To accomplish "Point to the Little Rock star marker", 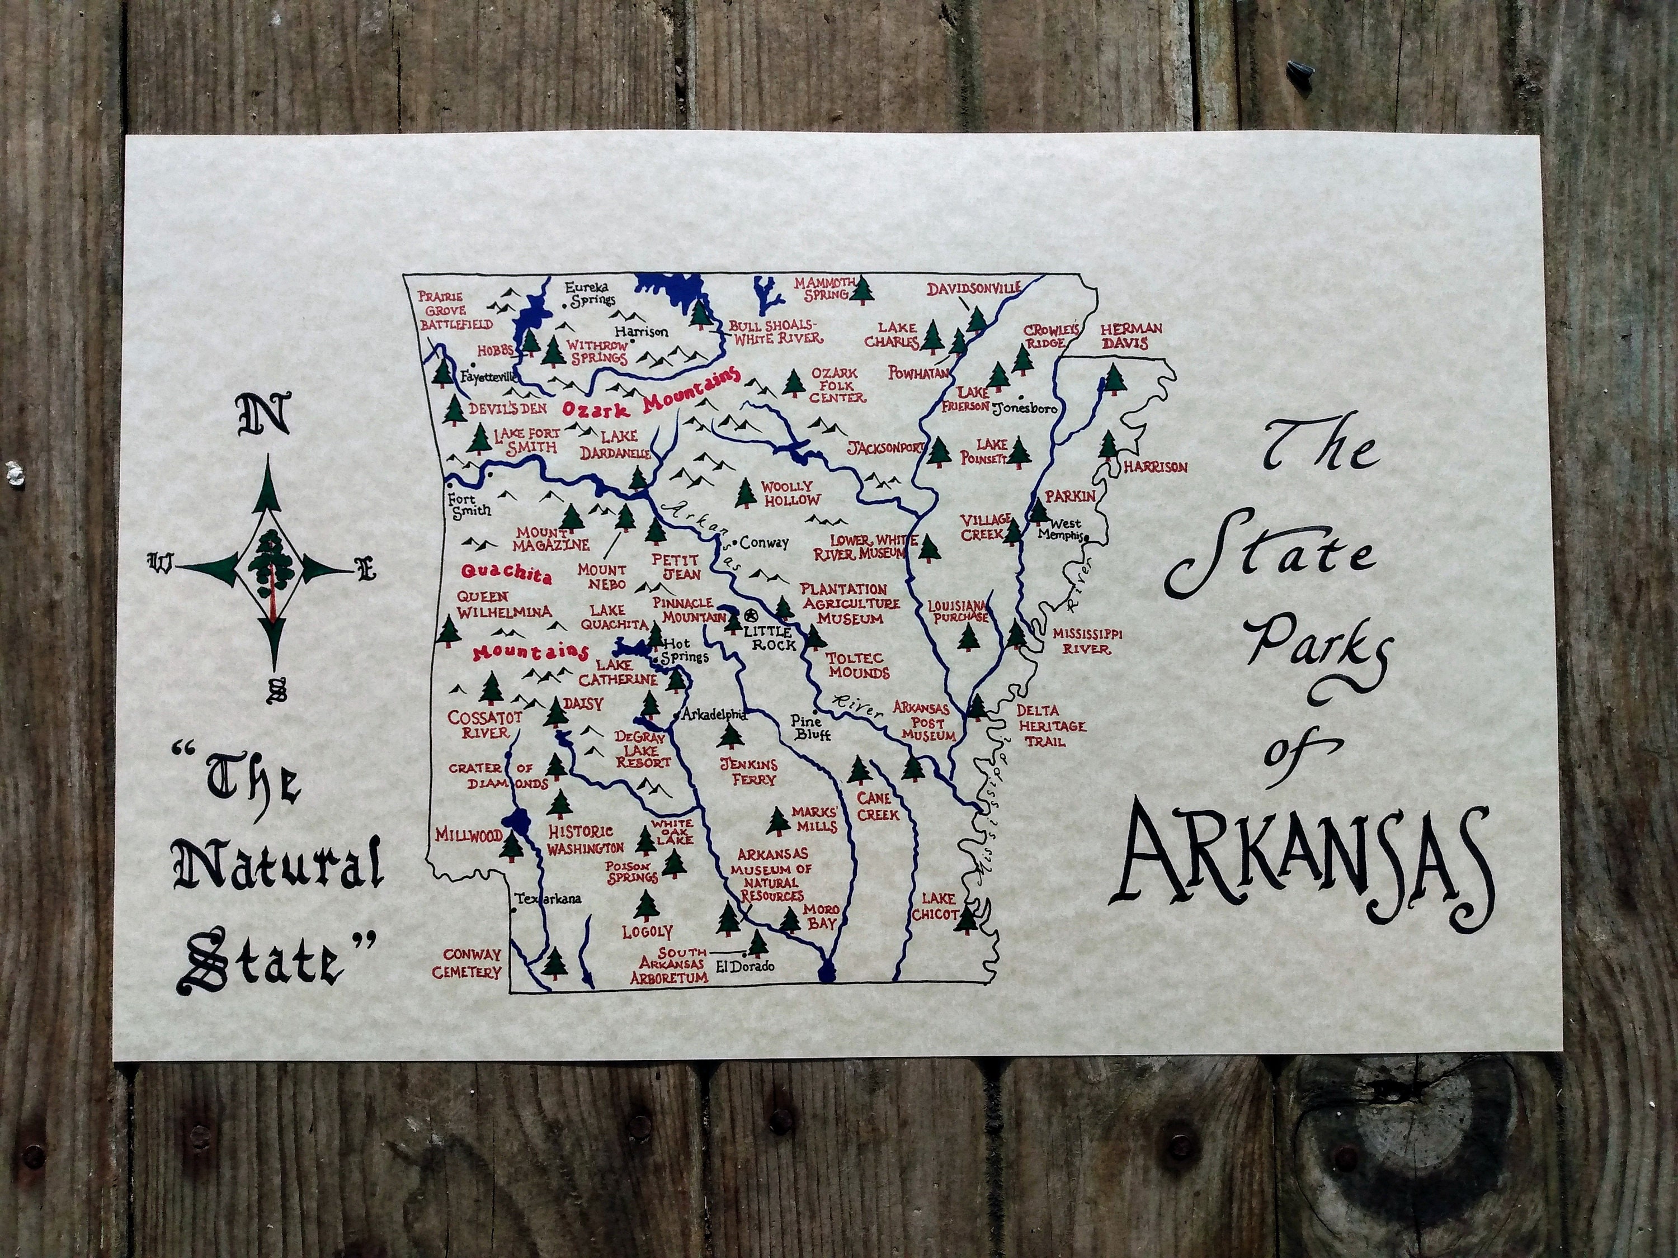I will click(752, 615).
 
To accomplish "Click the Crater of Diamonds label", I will click(501, 775).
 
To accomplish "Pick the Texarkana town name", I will click(547, 898).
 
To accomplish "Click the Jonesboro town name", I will click(1024, 407).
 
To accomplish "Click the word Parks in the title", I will click(1321, 649).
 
